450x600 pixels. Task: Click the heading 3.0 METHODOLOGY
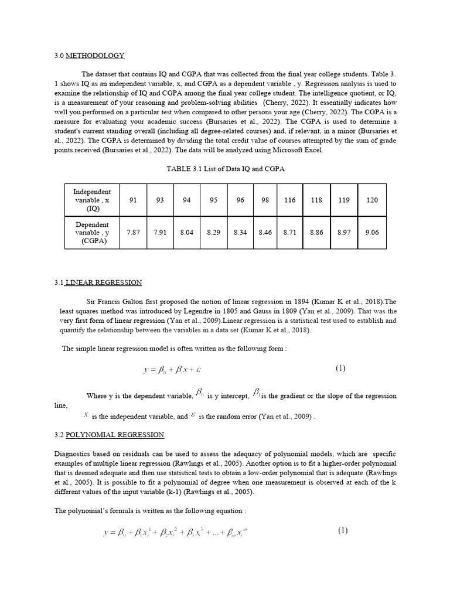pyautogui.click(x=89, y=56)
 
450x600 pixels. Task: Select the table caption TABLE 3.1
pyautogui.click(x=225, y=168)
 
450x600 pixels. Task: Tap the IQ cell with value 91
pyautogui.click(x=133, y=200)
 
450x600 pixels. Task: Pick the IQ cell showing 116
pyautogui.click(x=289, y=200)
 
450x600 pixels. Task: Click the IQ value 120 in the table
pyautogui.click(x=372, y=200)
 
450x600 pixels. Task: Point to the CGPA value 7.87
pyautogui.click(x=133, y=233)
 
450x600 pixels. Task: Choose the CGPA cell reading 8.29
pyautogui.click(x=213, y=233)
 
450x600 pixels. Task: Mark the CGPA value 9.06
pyautogui.click(x=372, y=233)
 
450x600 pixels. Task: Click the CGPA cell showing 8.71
pyautogui.click(x=289, y=233)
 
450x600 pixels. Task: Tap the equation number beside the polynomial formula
pyautogui.click(x=342, y=531)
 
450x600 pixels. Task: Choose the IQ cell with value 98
pyautogui.click(x=265, y=200)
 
